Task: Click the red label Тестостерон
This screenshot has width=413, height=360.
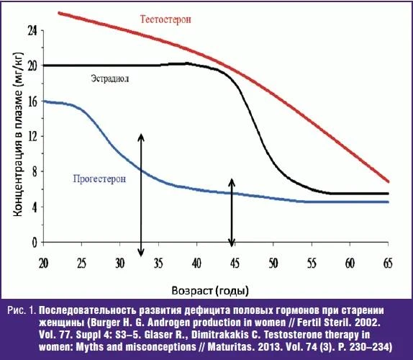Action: point(165,19)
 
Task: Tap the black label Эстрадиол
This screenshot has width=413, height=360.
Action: point(110,78)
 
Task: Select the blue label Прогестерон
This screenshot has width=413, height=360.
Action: point(99,179)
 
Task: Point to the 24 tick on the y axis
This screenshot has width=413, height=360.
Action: point(33,31)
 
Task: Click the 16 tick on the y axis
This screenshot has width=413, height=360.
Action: point(33,102)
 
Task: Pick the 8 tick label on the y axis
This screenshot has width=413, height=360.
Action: point(35,172)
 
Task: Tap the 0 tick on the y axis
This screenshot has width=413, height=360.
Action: point(35,242)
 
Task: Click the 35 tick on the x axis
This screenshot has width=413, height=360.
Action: point(158,264)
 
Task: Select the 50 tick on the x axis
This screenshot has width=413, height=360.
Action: point(273,264)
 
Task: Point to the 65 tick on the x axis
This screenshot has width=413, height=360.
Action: point(388,264)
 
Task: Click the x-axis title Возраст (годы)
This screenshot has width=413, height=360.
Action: point(210,291)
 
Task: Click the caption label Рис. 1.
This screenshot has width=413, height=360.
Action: point(22,310)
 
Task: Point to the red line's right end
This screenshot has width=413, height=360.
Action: point(389,181)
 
